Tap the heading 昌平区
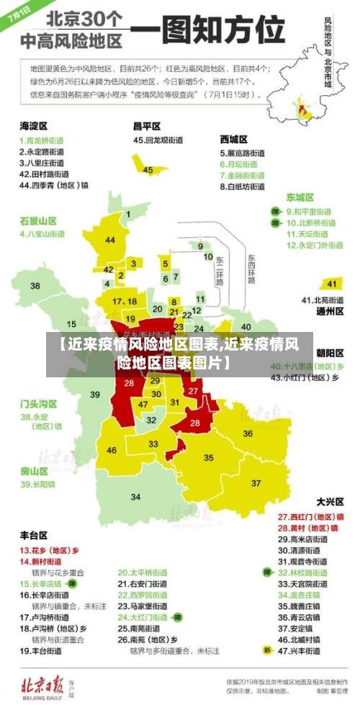(x=147, y=125)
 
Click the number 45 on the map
(x=148, y=170)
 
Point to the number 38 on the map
(x=35, y=286)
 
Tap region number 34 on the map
(x=135, y=496)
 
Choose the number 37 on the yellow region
(x=256, y=482)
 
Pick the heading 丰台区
(x=33, y=535)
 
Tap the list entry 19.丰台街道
(x=43, y=650)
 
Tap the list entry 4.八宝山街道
(x=42, y=234)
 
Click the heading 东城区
(x=300, y=197)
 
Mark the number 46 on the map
(x=112, y=450)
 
